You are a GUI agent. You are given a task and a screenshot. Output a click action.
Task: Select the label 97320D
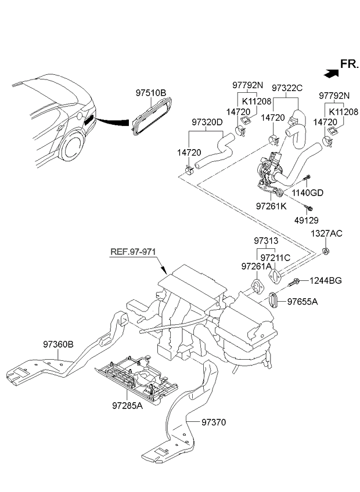pyautogui.click(x=207, y=122)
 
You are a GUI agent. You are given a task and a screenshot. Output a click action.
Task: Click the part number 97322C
pyautogui.click(x=287, y=88)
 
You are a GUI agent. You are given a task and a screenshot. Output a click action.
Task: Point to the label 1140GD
pyautogui.click(x=308, y=193)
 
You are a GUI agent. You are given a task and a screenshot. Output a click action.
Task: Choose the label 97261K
pyautogui.click(x=271, y=206)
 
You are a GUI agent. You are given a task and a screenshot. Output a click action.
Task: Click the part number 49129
pyautogui.click(x=306, y=220)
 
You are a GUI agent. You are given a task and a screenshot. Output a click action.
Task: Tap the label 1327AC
pyautogui.click(x=326, y=233)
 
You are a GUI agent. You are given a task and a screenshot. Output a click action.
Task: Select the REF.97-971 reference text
pyautogui.click(x=133, y=252)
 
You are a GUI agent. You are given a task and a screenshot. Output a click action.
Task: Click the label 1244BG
pyautogui.click(x=325, y=280)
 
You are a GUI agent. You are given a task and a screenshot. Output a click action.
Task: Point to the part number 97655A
pyautogui.click(x=303, y=302)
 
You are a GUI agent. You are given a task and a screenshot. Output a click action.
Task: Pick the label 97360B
pyautogui.click(x=58, y=345)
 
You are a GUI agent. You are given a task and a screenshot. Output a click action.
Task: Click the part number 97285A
pyautogui.click(x=127, y=406)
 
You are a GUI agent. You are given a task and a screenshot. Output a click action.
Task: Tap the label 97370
pyautogui.click(x=214, y=422)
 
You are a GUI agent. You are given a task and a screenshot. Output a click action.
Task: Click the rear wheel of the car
pyautogui.click(x=71, y=147)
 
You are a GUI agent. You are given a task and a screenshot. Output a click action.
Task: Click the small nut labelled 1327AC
pyautogui.click(x=326, y=251)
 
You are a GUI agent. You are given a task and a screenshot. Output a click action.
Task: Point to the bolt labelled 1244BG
pyautogui.click(x=293, y=282)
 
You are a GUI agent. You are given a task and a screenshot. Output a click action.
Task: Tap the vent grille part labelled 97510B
pyautogui.click(x=152, y=116)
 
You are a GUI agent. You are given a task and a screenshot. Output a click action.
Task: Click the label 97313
pyautogui.click(x=266, y=241)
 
